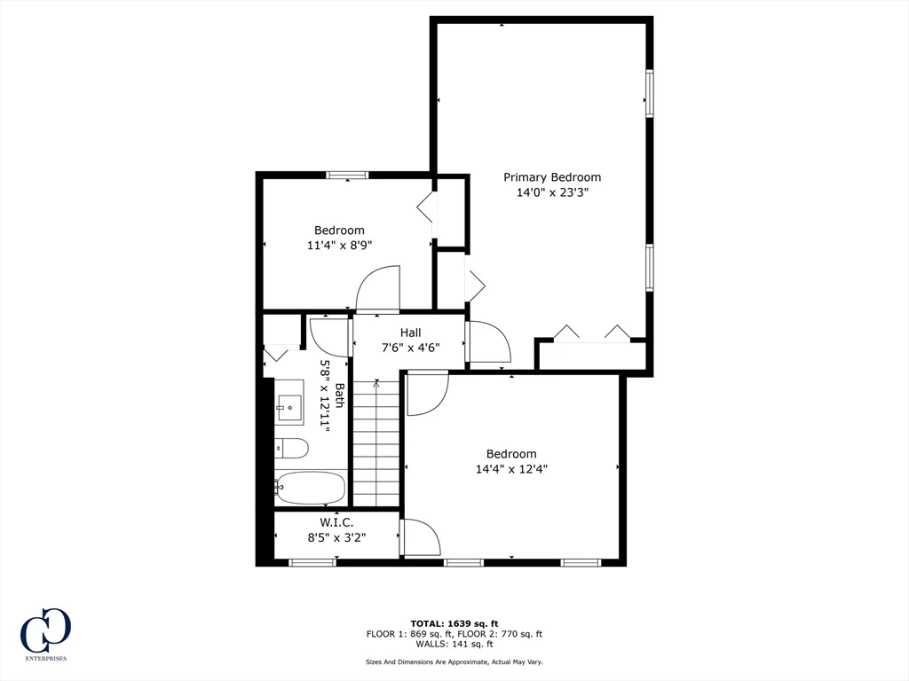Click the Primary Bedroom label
click(552, 177)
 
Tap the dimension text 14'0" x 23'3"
click(552, 192)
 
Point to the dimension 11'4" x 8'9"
click(339, 246)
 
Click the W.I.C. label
click(336, 522)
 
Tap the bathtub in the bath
click(310, 488)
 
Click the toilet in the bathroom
click(291, 448)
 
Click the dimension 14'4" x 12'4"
click(511, 469)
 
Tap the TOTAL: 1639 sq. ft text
click(454, 622)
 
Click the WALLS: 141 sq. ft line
click(454, 645)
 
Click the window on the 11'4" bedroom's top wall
click(347, 175)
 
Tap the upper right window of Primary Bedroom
click(650, 94)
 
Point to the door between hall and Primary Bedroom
click(487, 341)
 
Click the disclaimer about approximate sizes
click(454, 662)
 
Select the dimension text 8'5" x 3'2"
click(336, 536)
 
